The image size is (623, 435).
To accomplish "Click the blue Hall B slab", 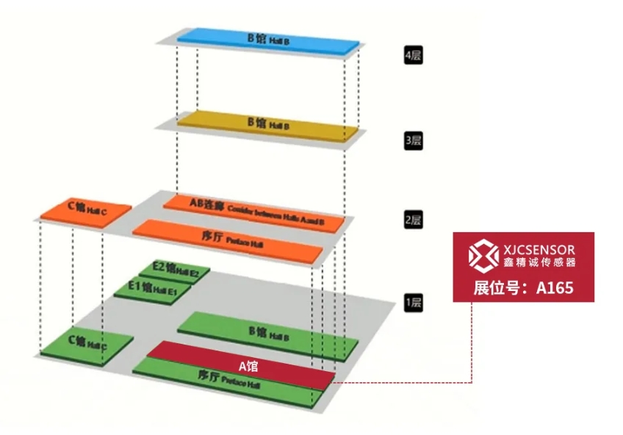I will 267,40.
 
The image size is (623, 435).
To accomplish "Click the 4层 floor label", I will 413,55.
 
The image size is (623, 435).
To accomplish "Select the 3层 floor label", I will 413,140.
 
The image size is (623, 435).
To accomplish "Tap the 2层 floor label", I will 413,220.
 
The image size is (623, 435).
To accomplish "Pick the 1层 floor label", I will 413,301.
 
